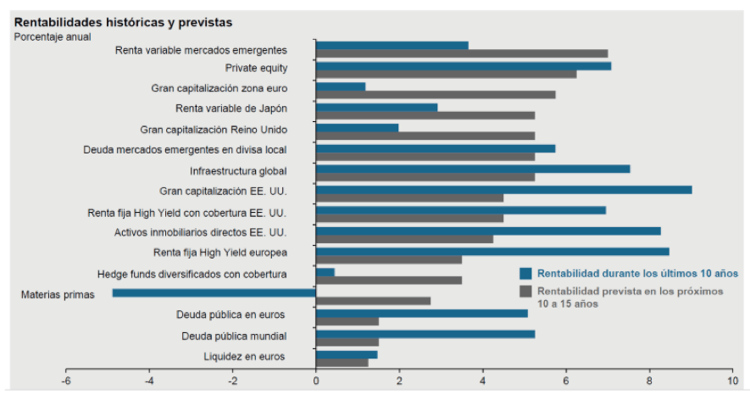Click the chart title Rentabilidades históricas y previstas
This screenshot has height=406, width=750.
(x=123, y=22)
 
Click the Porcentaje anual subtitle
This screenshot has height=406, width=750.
(x=53, y=36)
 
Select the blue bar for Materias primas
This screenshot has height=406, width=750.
(x=214, y=293)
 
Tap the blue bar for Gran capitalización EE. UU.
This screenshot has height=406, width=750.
(x=503, y=189)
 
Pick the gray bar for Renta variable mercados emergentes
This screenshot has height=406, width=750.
(x=462, y=53)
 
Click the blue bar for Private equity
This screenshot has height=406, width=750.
(x=463, y=66)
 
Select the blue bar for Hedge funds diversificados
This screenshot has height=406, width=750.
(x=325, y=272)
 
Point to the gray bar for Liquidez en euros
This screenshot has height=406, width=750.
(x=342, y=363)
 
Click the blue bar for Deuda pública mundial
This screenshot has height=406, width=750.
(x=425, y=334)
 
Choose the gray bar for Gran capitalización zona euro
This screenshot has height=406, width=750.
(x=436, y=95)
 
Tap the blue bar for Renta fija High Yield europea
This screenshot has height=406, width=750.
(x=492, y=251)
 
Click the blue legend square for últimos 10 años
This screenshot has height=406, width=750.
(x=525, y=273)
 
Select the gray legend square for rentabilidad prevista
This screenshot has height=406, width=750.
(x=525, y=291)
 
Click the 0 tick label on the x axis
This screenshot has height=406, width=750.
(x=316, y=381)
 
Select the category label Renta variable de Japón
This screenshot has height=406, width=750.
(x=231, y=108)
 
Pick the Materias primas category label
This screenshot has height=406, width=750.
(x=57, y=294)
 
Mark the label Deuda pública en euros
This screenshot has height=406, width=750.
(x=231, y=314)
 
